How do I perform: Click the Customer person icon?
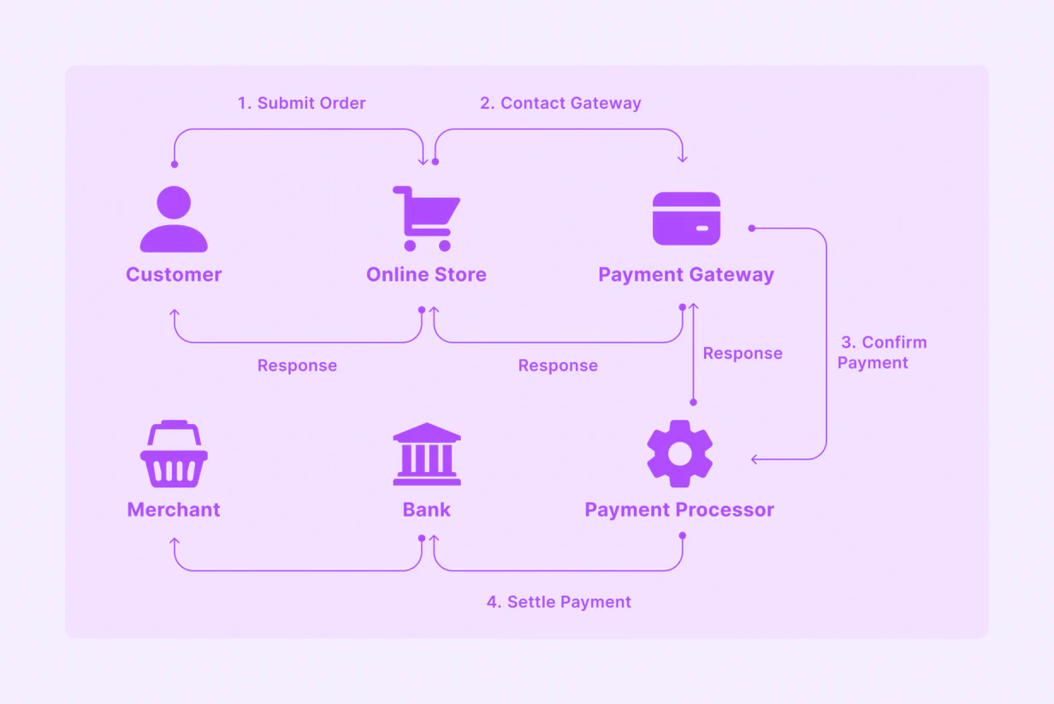coord(174,219)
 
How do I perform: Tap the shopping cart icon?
coord(426,218)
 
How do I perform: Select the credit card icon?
coord(686,218)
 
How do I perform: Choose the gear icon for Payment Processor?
coord(679,453)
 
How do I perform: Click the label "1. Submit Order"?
coord(301,103)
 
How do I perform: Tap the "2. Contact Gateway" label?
coord(560,103)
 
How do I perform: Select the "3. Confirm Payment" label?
coord(882,352)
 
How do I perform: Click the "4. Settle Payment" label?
coord(559,602)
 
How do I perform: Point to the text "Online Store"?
coord(426,274)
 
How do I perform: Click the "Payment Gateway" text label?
coord(686,275)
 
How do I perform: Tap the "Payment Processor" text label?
coord(679,510)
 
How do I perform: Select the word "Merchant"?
coord(174,510)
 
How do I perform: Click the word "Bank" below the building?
coord(426,510)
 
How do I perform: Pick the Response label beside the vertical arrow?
coord(743,353)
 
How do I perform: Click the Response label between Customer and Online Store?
coord(297,366)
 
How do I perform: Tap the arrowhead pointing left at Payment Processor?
coord(755,459)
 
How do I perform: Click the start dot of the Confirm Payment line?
coord(752,229)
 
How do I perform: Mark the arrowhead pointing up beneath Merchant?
coord(175,541)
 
